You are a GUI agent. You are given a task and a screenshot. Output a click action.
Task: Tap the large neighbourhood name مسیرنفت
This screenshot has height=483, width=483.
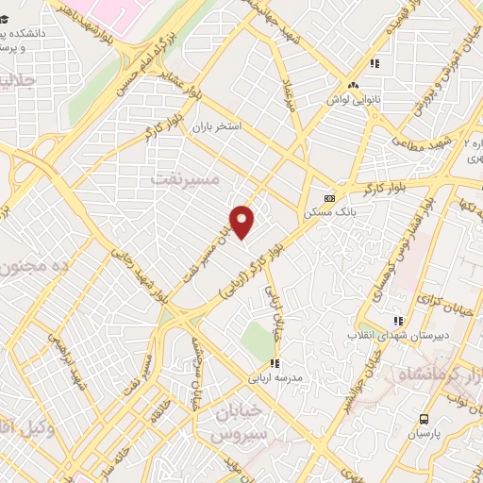tap(185, 176)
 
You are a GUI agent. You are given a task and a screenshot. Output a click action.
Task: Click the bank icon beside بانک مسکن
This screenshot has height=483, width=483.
tap(329, 198)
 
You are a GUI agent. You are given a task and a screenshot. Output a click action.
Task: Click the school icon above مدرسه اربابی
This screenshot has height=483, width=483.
tap(275, 362)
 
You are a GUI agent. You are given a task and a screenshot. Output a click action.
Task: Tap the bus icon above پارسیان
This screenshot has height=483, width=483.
tap(425, 419)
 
